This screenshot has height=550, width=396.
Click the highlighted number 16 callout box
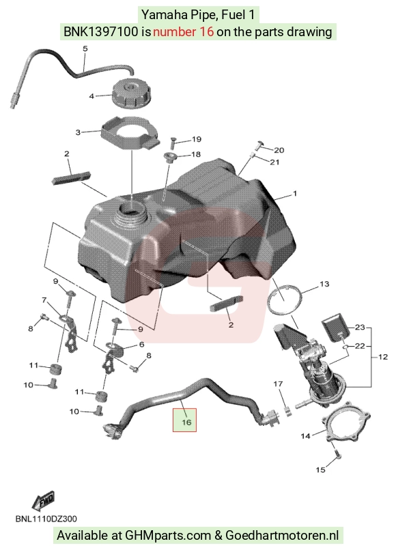(x=184, y=420)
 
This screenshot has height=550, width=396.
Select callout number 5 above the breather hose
(x=85, y=48)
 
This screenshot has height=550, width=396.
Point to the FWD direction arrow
(x=43, y=500)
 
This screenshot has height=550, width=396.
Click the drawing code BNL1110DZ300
(x=46, y=519)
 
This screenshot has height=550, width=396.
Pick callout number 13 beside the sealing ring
(x=324, y=284)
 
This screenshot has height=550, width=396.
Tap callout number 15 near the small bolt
(x=320, y=469)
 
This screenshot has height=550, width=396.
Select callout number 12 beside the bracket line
(x=383, y=357)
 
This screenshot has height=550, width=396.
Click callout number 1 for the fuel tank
(x=295, y=193)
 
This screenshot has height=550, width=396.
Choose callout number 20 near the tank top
(x=279, y=150)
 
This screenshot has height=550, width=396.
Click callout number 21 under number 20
(x=274, y=162)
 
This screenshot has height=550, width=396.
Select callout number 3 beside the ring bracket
(x=78, y=132)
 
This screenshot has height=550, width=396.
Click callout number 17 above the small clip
(x=278, y=384)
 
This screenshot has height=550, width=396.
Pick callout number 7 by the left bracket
(x=44, y=300)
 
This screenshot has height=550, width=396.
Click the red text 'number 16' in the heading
(x=183, y=32)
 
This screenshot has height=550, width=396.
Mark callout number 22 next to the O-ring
(x=360, y=346)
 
